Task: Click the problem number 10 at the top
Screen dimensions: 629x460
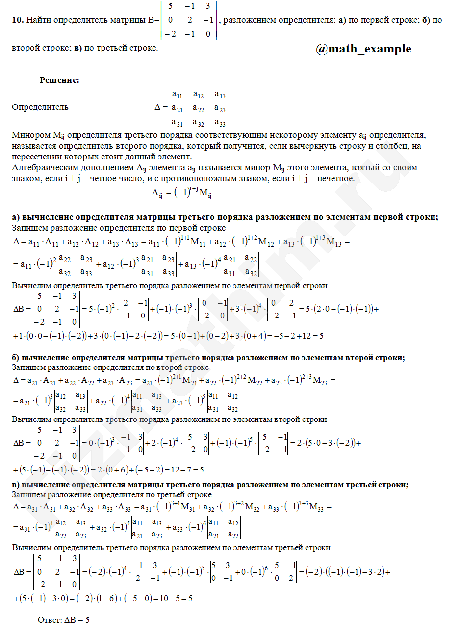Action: [17, 20]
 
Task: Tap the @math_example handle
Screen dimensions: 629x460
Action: [363, 49]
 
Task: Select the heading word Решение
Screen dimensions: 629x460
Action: [59, 80]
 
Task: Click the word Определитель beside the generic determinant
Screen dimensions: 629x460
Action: [40, 107]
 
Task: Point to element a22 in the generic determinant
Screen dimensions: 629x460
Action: [198, 108]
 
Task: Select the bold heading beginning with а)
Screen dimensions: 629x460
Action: [225, 217]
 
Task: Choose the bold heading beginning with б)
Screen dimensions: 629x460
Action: [208, 358]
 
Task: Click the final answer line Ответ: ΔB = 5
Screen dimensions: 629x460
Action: [63, 619]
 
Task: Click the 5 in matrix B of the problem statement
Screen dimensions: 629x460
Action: [170, 7]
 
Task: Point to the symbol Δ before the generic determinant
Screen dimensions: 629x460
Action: [158, 107]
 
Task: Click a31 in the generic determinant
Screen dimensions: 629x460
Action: [177, 123]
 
